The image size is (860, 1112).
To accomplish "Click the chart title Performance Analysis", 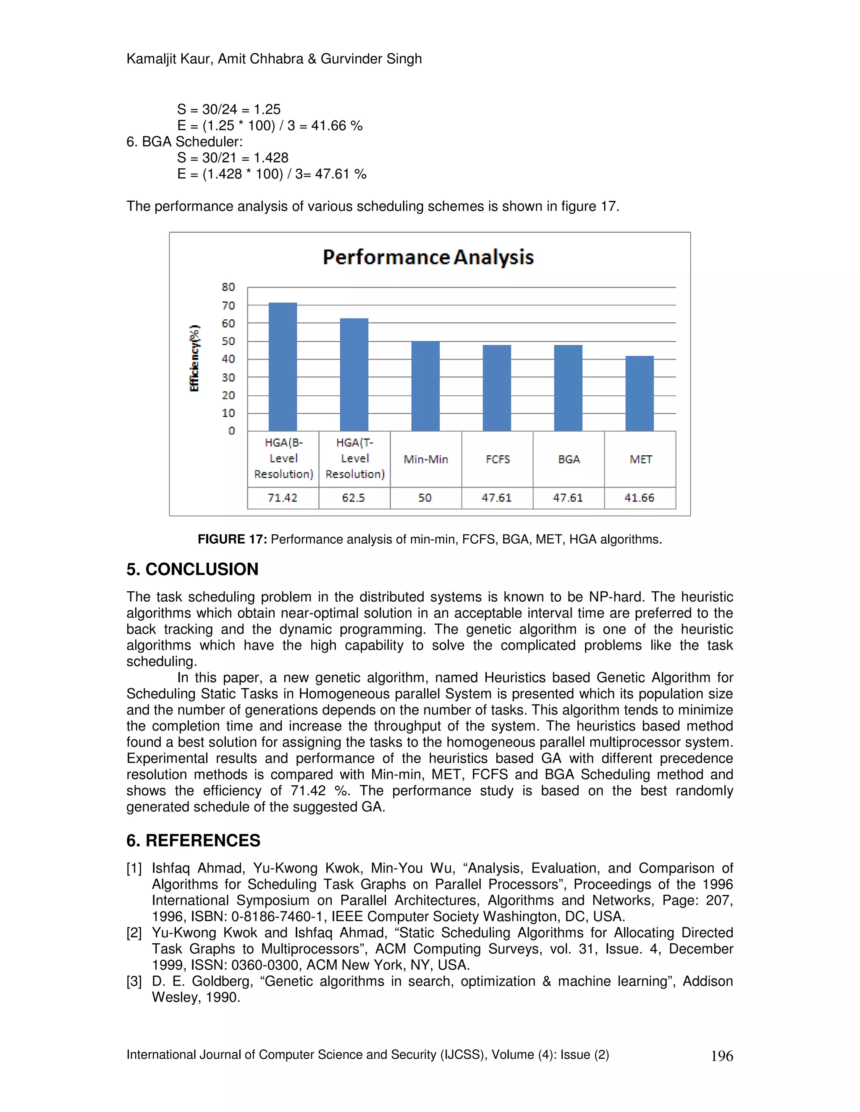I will pyautogui.click(x=428, y=257).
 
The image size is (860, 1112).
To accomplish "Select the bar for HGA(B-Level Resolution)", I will pyautogui.click(x=283, y=367).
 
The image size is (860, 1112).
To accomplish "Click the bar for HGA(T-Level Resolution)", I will pyautogui.click(x=354, y=374).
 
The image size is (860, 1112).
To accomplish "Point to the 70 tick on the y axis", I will pyautogui.click(x=228, y=305).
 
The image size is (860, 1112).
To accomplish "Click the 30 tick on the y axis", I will pyautogui.click(x=228, y=377).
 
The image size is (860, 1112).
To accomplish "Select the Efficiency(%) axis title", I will pyautogui.click(x=194, y=358).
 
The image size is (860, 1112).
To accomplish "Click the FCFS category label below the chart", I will pyautogui.click(x=497, y=459).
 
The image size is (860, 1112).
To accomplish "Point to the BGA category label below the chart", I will pyautogui.click(x=569, y=459).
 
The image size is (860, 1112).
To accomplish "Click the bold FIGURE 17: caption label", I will pyautogui.click(x=232, y=539).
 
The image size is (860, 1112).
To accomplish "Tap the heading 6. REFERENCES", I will pyautogui.click(x=193, y=840).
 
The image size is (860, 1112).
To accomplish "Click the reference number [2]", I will pyautogui.click(x=134, y=933).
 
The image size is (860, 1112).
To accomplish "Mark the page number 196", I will pyautogui.click(x=721, y=1056).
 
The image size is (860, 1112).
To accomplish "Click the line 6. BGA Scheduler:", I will pyautogui.click(x=184, y=141).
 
